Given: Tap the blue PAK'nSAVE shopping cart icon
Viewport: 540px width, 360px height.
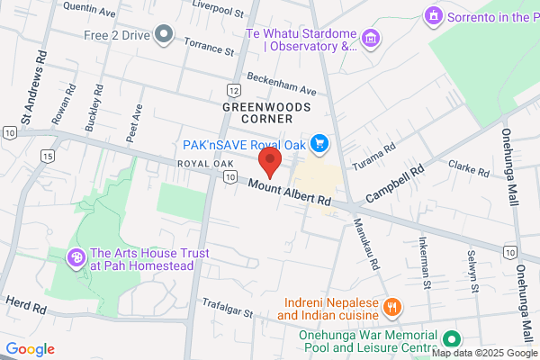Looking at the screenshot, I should [x=318, y=143].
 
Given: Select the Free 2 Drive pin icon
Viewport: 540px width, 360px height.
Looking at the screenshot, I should [x=163, y=35].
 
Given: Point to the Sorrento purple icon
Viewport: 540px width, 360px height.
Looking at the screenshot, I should [x=434, y=16].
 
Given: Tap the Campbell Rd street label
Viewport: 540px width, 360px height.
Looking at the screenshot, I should [x=394, y=183].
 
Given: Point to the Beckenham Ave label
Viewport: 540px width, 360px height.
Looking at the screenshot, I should [x=282, y=84].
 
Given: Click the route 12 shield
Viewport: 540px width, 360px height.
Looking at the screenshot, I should [x=234, y=91].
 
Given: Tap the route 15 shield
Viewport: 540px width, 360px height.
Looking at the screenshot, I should [x=46, y=156].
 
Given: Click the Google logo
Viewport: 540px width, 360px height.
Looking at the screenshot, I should [x=31, y=349].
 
